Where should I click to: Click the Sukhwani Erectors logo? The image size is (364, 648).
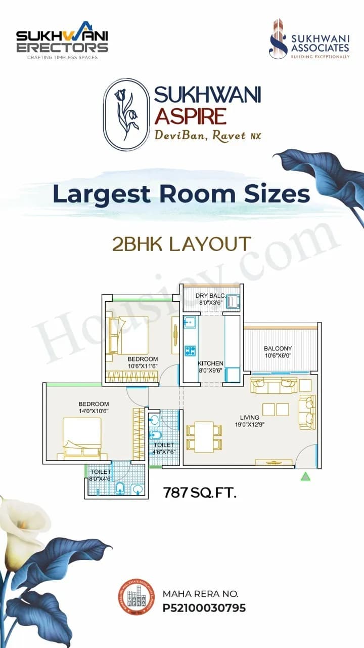62,40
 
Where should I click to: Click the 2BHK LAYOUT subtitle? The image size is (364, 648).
181,244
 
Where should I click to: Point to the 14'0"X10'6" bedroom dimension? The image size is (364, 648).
94,411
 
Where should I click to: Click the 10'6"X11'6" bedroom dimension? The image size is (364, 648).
143,366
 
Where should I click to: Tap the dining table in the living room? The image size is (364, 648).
204,436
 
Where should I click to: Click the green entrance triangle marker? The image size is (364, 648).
305,476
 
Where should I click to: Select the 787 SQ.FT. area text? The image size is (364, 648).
200,492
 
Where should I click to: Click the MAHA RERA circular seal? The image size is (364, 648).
135,597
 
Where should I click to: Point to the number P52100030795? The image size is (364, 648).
204,607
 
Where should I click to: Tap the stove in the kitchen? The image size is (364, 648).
190,350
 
